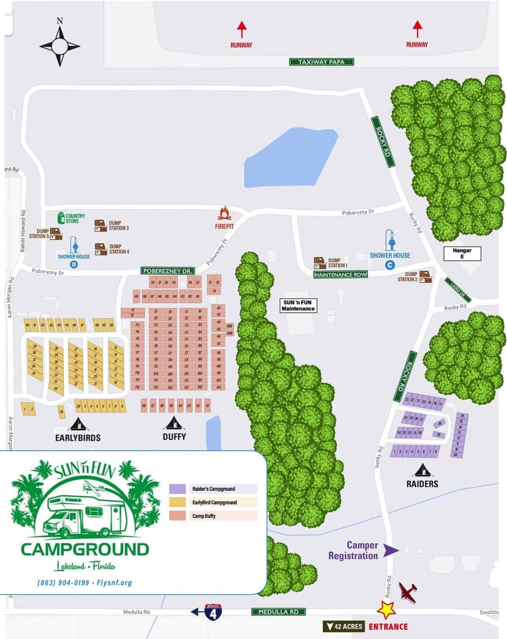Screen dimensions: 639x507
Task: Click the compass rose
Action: (59, 45)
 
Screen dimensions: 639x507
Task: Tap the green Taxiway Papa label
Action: (321, 62)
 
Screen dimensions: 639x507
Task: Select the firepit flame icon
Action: (225, 213)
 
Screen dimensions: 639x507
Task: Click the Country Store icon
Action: (61, 218)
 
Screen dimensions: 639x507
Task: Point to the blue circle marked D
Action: (74, 264)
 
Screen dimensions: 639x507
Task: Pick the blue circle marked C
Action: (389, 264)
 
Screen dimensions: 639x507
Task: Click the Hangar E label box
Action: (462, 253)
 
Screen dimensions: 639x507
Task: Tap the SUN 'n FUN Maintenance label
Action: (298, 305)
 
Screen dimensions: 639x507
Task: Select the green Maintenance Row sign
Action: (340, 275)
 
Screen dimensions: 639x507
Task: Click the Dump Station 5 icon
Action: (56, 233)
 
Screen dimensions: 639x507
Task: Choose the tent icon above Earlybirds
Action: (78, 424)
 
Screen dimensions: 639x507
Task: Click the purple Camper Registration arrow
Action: (390, 550)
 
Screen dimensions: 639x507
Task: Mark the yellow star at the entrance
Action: (386, 610)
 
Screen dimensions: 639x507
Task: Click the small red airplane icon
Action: (408, 592)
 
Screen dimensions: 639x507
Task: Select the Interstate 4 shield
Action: (213, 612)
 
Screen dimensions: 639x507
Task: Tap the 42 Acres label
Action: (344, 626)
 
